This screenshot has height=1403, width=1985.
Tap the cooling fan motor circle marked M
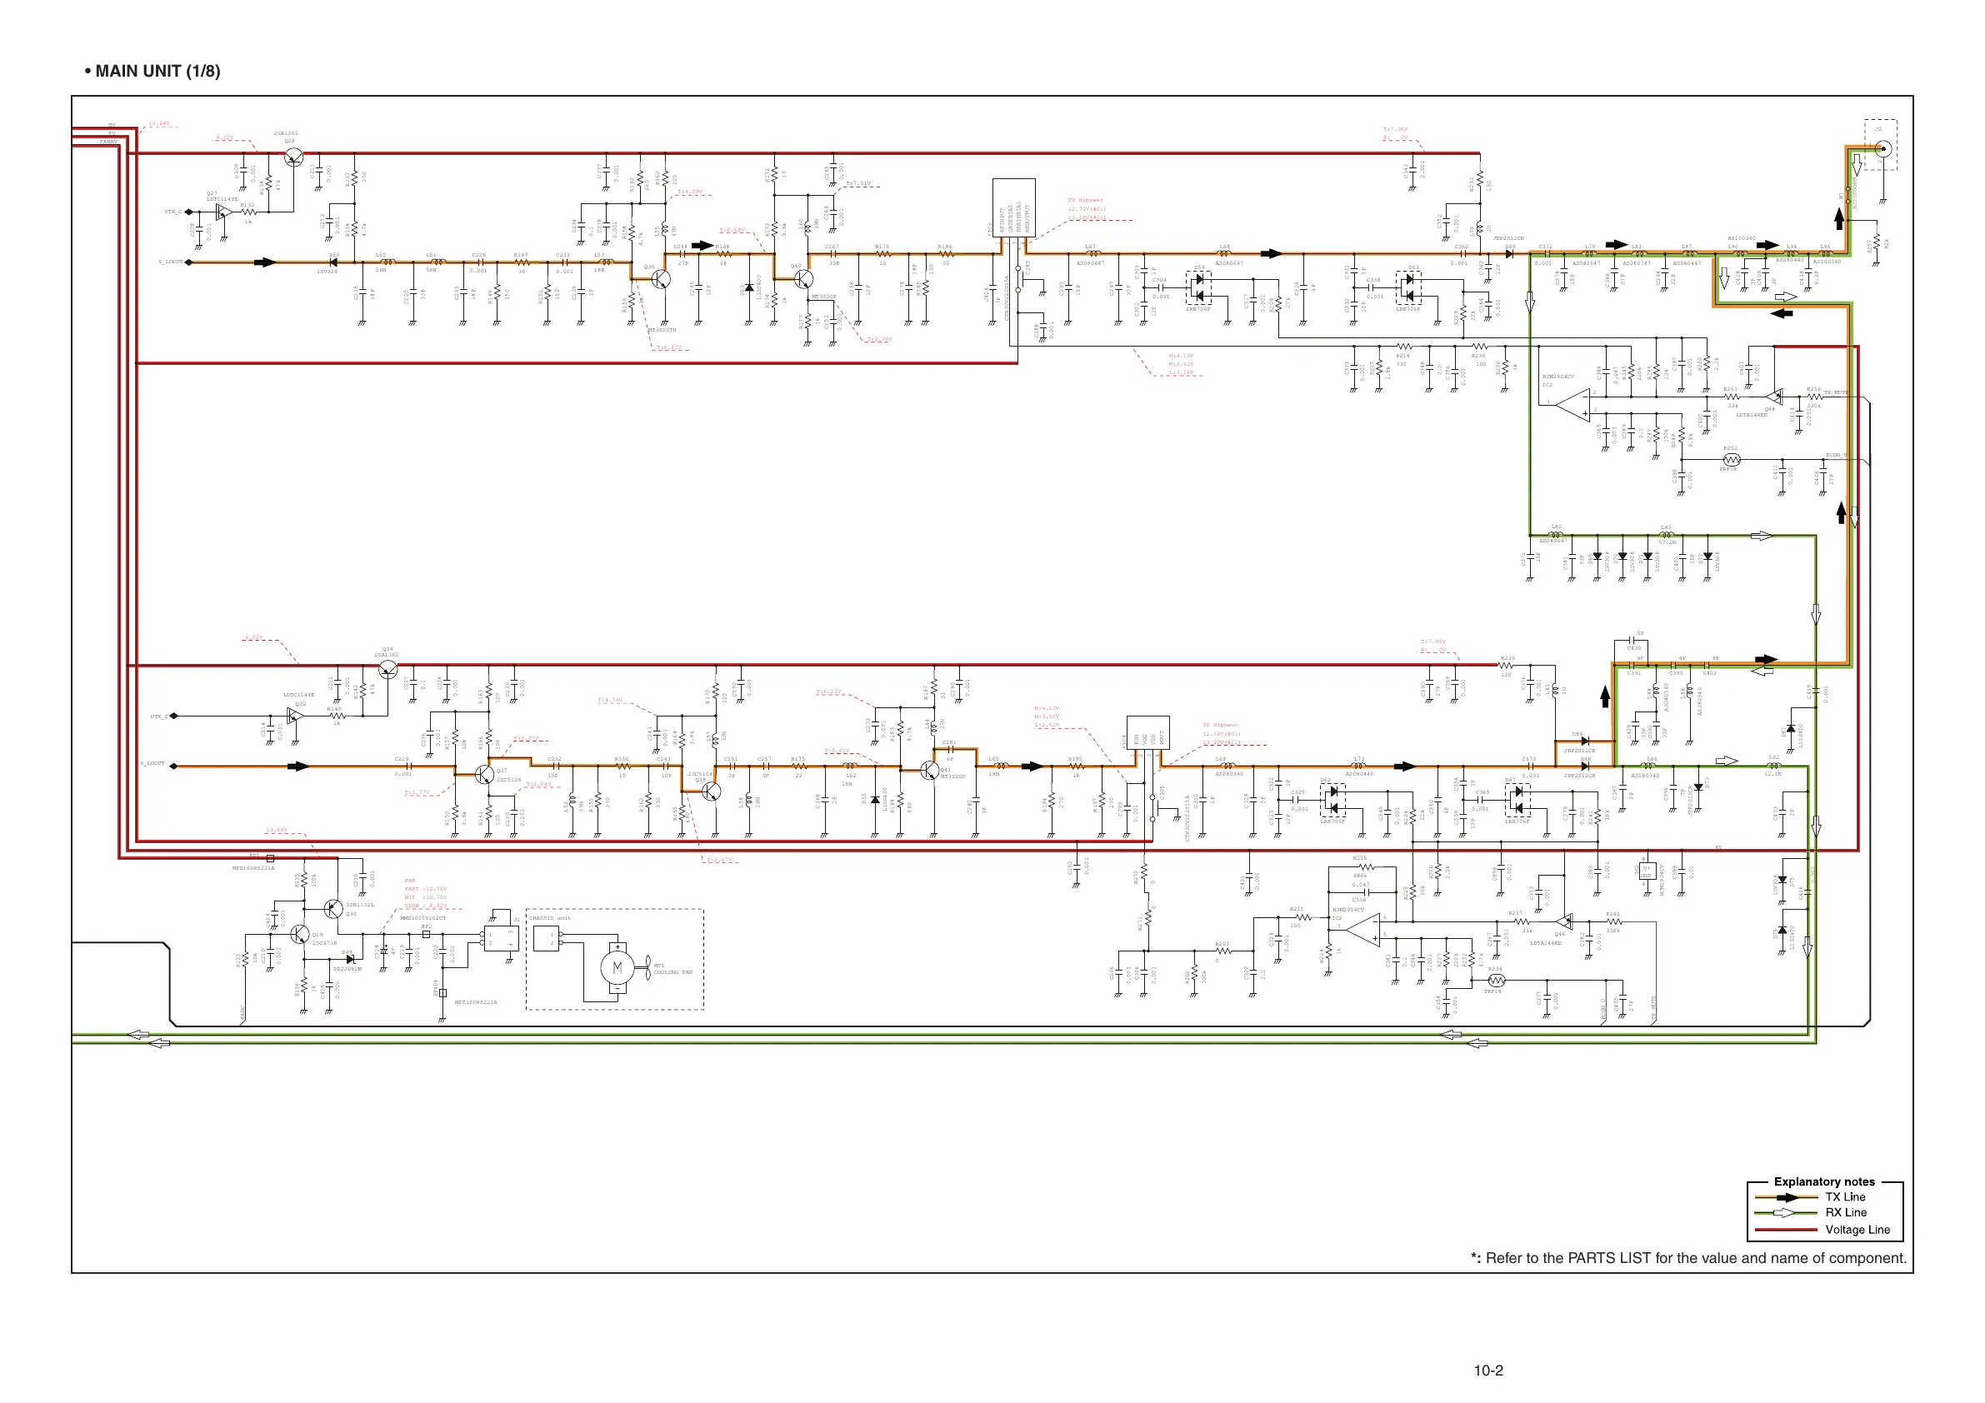pyautogui.click(x=617, y=968)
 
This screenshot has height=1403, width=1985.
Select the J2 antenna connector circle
pyautogui.click(x=1883, y=148)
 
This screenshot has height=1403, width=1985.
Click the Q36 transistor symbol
pyautogui.click(x=662, y=279)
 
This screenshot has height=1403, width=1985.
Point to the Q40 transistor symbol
pyautogui.click(x=804, y=279)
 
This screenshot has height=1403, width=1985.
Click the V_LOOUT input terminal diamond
pyautogui.click(x=189, y=262)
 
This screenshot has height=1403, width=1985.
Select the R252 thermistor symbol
pyautogui.click(x=1731, y=460)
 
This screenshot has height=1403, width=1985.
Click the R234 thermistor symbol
pyautogui.click(x=1497, y=981)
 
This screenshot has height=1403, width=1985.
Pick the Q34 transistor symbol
pyautogui.click(x=388, y=669)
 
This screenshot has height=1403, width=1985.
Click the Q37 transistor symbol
pyautogui.click(x=485, y=775)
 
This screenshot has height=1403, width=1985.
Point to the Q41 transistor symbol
pyautogui.click(x=929, y=770)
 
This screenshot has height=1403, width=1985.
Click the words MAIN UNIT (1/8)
pyautogui.click(x=157, y=71)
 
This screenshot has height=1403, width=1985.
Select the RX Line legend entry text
pyautogui.click(x=1845, y=1213)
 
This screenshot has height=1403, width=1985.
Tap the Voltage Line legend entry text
pyautogui.click(x=1857, y=1229)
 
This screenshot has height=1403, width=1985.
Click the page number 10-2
pyautogui.click(x=1488, y=1371)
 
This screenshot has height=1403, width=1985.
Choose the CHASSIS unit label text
pyautogui.click(x=550, y=918)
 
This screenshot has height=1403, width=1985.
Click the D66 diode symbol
pyautogui.click(x=1509, y=254)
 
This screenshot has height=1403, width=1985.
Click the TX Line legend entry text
pyautogui.click(x=1845, y=1197)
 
